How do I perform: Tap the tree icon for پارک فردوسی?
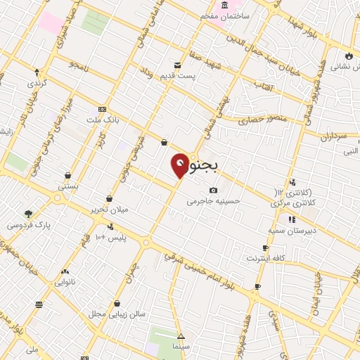(x=28, y=214)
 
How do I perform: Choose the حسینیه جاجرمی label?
(x=212, y=201)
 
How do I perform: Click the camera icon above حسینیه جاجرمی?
(x=214, y=190)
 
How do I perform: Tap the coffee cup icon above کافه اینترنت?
(x=265, y=247)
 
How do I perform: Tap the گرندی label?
(x=37, y=83)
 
